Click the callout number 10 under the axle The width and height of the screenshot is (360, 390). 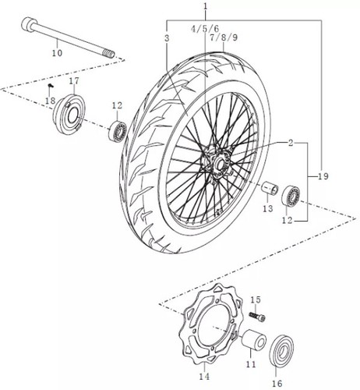pos(57,53)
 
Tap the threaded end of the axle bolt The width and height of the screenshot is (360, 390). pos(109,54)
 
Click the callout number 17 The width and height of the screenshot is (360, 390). pos(74,81)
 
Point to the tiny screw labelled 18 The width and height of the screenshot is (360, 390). pos(51,85)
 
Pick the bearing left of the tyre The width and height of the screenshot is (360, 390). pos(118,132)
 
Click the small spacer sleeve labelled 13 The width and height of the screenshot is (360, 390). pos(270,188)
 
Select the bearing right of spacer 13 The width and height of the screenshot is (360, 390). pos(291,195)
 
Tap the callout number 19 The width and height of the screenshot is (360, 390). pos(323,176)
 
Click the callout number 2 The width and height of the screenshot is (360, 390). pos(291,143)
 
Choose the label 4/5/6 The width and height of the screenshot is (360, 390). pos(205,28)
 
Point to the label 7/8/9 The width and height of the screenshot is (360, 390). pos(224,37)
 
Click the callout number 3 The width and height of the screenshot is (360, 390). pos(167,38)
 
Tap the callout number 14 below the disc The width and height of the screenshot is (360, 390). pos(204,376)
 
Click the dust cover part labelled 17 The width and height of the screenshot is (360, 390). pos(69,114)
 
